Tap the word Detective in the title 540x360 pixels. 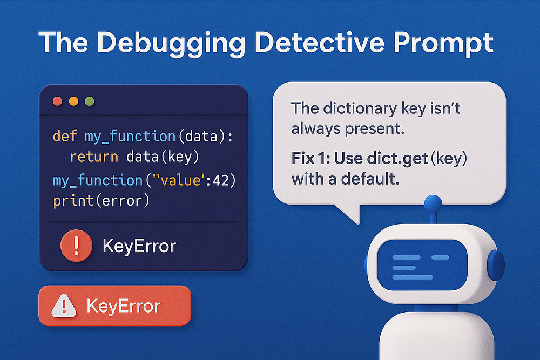coord(319,43)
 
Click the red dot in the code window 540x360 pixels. coord(58,101)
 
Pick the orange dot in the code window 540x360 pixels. coord(73,101)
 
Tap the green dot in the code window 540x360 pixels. coord(90,101)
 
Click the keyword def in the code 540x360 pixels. coord(65,137)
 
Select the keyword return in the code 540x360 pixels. coord(94,157)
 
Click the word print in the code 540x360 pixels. coord(73,201)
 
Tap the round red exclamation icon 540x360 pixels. coord(76,246)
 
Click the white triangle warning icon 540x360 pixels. coord(64,305)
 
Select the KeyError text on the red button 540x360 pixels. coord(123,305)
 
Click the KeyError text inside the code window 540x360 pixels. coord(139,246)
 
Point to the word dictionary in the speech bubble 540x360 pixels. coord(360,110)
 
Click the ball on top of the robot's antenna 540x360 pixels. coord(433,204)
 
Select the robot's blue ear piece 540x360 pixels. coord(496,266)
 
